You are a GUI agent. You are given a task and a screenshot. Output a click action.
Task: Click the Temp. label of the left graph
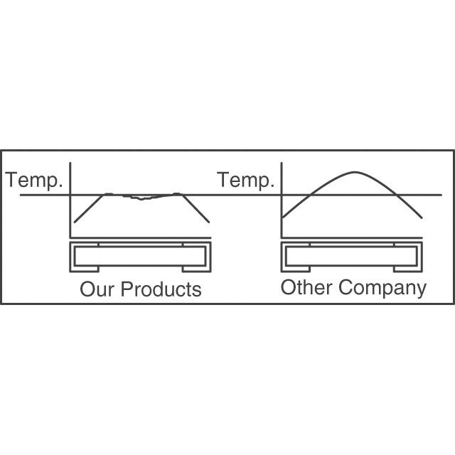pos(34,181)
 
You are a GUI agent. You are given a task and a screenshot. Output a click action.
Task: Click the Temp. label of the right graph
pos(245,181)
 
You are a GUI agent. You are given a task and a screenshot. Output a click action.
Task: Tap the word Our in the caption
pos(97,289)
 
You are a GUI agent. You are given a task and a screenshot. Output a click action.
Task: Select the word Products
pos(161,289)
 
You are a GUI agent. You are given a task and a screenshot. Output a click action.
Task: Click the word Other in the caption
pos(306,287)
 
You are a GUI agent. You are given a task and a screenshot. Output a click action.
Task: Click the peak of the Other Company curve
pos(355,172)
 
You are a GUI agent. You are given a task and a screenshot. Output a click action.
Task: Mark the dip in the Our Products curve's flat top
pos(141,199)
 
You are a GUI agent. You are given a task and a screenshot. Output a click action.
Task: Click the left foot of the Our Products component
pos(85,269)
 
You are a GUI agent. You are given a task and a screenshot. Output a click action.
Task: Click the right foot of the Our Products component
pos(197,269)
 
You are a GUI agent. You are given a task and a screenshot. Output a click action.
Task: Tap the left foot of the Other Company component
pos(296,269)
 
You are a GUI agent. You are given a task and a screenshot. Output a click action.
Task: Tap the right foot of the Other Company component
pos(408,269)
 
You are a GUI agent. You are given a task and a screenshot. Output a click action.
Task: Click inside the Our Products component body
pos(140,256)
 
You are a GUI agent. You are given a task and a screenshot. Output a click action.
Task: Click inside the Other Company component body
pos(351,256)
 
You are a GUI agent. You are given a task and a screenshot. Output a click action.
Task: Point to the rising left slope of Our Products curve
pos(89,208)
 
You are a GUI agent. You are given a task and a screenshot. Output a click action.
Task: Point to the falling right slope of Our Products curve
pos(195,208)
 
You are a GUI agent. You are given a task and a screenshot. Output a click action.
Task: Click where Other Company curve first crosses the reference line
pos(310,195)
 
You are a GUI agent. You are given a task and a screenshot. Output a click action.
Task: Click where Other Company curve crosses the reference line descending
pos(395,195)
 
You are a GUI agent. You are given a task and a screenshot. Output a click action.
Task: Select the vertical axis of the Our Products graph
pos(70,200)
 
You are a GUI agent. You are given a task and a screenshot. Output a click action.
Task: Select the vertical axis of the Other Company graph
pos(282,200)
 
